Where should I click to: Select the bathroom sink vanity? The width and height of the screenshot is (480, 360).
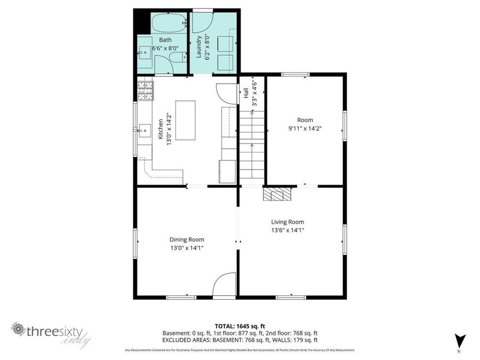point(146,54)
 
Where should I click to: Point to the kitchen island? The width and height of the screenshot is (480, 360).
point(185,120)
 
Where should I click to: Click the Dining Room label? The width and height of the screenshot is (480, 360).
point(187,239)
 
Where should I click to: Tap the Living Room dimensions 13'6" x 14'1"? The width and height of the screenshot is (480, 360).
point(287,230)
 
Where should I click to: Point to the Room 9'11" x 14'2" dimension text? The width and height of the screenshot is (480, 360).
point(305,129)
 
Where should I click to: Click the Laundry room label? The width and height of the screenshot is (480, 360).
point(198,47)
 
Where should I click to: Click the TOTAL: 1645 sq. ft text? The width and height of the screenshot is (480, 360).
point(240,325)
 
